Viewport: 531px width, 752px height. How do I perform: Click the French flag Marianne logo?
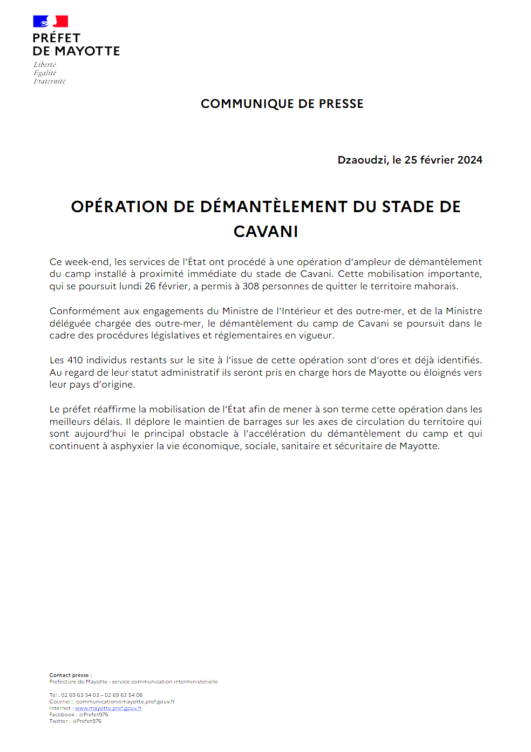coord(50,22)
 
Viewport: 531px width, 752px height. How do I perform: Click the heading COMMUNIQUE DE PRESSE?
coord(282,104)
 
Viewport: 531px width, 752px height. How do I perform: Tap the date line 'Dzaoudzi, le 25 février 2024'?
coord(410,160)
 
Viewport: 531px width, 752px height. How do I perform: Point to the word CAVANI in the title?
coord(265,232)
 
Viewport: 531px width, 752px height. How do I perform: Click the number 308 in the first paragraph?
coord(250,286)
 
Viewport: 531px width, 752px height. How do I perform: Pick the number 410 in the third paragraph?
coord(75,360)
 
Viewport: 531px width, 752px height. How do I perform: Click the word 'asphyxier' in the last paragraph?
coord(132,446)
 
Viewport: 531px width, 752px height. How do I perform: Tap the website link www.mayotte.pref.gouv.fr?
coord(108,708)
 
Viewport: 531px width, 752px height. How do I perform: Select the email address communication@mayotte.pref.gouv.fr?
coord(125,702)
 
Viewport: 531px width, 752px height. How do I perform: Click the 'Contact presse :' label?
coord(71,675)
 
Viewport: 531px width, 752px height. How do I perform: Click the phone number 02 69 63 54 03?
coord(80,695)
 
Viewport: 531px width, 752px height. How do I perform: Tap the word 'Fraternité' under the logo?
coord(50,82)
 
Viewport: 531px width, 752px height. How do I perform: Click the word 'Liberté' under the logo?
coord(45,65)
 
